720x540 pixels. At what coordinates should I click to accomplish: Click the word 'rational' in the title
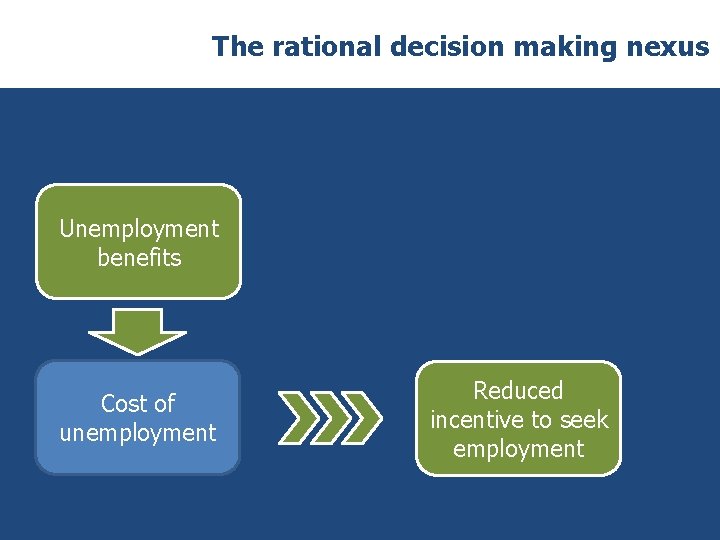(x=304, y=46)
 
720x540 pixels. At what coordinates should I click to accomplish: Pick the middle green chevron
(x=330, y=417)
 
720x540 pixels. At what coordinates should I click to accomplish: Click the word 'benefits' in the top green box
(x=139, y=258)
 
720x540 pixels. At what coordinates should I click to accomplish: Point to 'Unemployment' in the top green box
(x=139, y=229)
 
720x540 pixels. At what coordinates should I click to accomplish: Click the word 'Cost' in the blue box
(x=123, y=404)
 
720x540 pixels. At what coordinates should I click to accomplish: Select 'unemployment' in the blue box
(x=138, y=433)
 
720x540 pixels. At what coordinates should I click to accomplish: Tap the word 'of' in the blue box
(x=163, y=404)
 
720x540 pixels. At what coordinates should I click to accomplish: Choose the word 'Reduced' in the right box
(x=518, y=391)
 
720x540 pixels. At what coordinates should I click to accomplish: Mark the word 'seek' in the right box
(x=584, y=420)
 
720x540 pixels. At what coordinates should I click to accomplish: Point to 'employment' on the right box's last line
(x=518, y=449)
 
